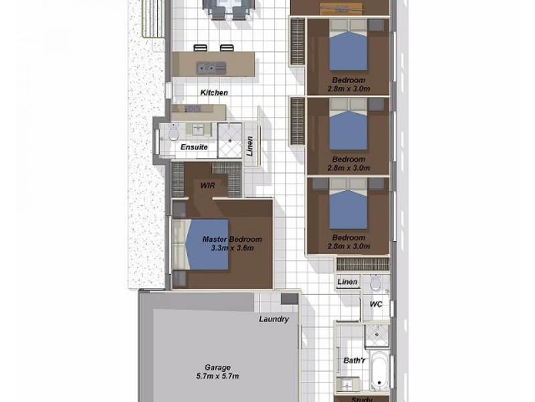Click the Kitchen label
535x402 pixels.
point(215,92)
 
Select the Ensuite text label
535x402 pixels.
point(195,146)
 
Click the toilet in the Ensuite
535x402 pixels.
point(173,131)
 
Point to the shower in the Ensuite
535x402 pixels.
point(229,141)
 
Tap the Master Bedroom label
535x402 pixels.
point(231,239)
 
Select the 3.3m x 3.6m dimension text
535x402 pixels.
point(231,248)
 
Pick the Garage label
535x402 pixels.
point(218,367)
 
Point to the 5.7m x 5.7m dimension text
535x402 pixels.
point(218,376)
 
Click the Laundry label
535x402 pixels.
point(274,319)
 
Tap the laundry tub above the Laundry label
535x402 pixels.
point(289,299)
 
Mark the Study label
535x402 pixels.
point(362,399)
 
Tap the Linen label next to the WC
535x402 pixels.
point(347,282)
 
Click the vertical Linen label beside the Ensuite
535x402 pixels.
point(250,145)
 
